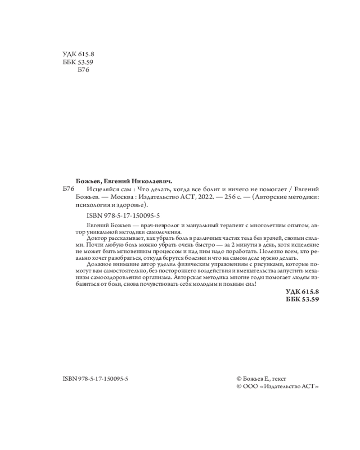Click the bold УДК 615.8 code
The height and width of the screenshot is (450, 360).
302,292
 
